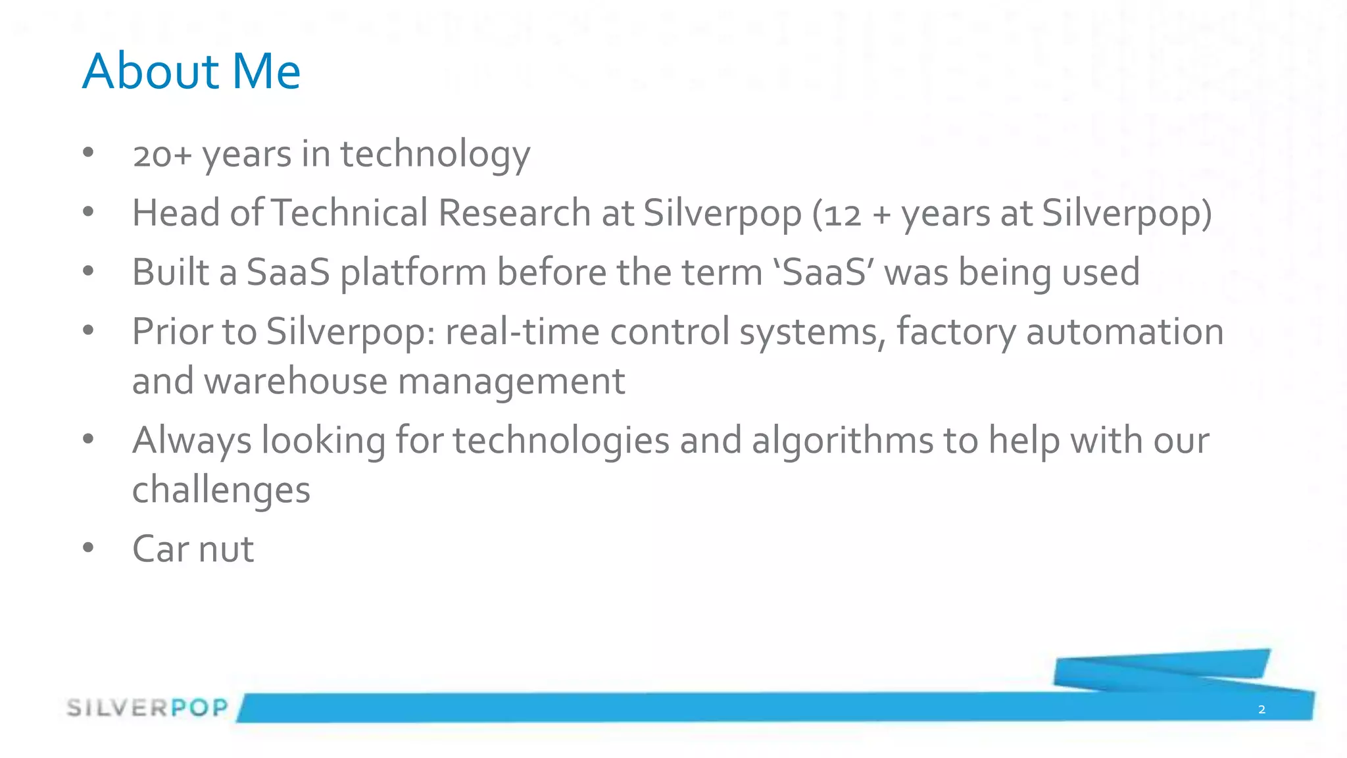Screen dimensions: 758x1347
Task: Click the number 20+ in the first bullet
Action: click(162, 155)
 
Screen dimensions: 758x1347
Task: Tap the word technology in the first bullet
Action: click(435, 155)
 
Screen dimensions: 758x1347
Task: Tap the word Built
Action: click(170, 272)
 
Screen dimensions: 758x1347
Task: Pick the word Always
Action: click(191, 441)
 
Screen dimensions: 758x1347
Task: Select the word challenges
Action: click(221, 491)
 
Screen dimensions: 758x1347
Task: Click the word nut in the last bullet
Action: click(226, 549)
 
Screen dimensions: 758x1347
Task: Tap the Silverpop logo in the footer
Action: click(147, 708)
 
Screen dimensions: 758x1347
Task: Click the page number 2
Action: click(1261, 709)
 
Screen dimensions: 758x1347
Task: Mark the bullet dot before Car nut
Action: click(89, 547)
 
